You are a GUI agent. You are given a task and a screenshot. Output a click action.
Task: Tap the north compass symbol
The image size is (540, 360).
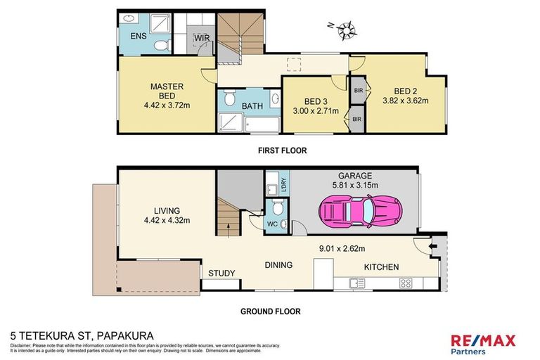click(346, 29)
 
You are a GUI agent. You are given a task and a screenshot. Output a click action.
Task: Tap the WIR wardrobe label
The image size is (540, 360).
click(200, 39)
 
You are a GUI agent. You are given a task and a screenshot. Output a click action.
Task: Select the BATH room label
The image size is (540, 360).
click(252, 106)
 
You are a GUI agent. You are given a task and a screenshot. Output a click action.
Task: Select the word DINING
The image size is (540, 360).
click(278, 265)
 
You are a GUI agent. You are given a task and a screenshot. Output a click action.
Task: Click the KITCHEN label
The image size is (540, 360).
click(381, 267)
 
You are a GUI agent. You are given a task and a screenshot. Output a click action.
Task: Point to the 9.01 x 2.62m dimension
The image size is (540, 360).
click(340, 247)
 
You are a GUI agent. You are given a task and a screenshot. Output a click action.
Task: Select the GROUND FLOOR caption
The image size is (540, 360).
click(271, 311)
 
